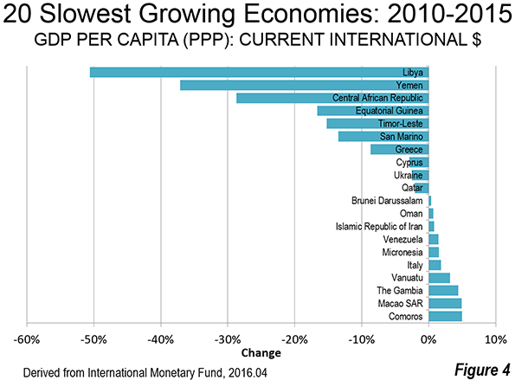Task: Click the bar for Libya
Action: click(259, 72)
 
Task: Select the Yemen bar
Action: click(305, 86)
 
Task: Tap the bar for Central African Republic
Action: click(332, 98)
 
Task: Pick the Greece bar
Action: click(400, 150)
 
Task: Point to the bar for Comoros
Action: click(446, 316)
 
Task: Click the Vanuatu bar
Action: click(440, 278)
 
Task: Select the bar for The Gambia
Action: click(443, 291)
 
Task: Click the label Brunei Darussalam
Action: click(387, 201)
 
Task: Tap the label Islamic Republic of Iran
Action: click(379, 227)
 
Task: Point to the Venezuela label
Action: click(402, 240)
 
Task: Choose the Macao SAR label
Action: click(401, 304)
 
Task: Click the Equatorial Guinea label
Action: click(389, 111)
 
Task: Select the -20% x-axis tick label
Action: click(294, 339)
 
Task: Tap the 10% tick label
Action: click(496, 339)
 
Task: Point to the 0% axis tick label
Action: click(429, 339)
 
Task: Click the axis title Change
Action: click(261, 353)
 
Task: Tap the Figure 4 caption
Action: click(482, 370)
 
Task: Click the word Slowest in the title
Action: click(88, 14)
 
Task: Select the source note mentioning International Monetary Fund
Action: click(145, 373)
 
